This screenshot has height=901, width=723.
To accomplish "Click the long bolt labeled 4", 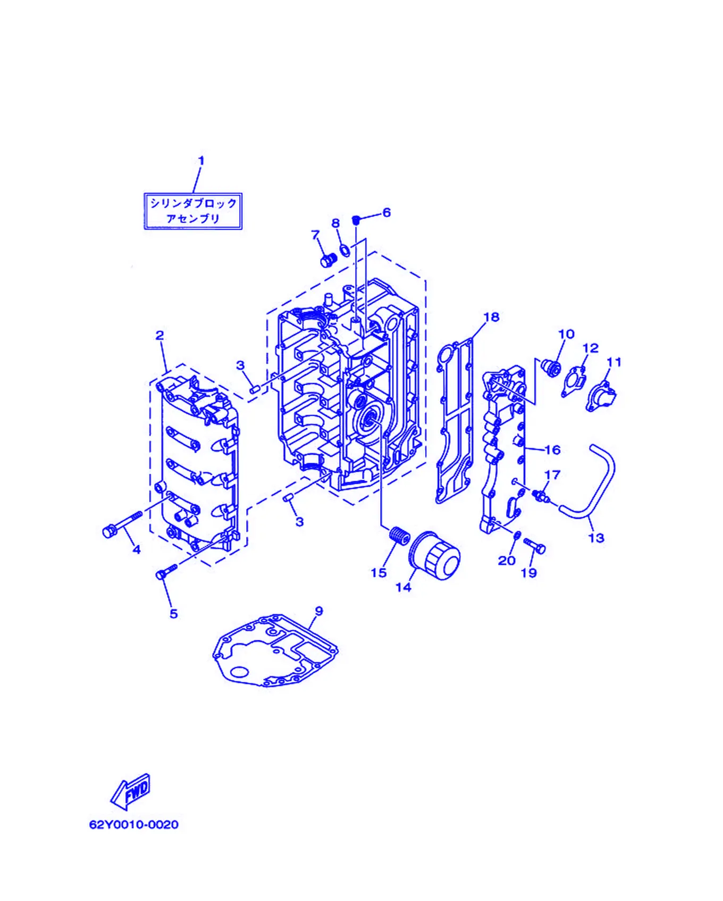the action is pyautogui.click(x=122, y=524).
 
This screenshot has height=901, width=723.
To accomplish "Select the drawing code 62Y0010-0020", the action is pyautogui.click(x=134, y=825).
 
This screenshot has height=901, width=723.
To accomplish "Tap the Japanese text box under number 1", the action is pyautogui.click(x=193, y=211).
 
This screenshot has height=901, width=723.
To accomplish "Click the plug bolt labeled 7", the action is pyautogui.click(x=329, y=260).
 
